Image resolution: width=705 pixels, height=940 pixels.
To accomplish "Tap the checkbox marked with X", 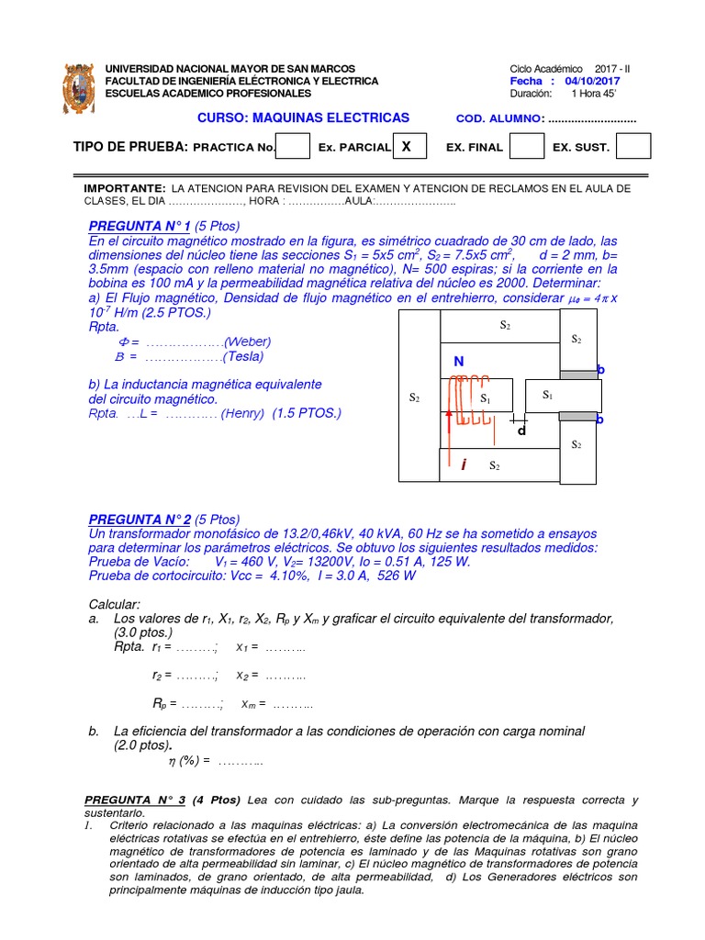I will point(407,146).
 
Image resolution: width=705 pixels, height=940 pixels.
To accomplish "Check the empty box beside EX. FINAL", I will point(526,146).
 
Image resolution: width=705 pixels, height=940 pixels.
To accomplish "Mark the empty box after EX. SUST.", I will point(633,146).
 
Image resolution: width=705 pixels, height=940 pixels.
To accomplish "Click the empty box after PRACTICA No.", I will point(293,146).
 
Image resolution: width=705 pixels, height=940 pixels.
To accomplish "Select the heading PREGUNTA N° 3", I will point(137,800).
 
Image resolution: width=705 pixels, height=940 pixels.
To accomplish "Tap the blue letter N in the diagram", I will point(458,362).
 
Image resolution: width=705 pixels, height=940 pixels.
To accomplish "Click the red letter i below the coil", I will point(464,466).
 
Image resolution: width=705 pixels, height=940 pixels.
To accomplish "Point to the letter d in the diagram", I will point(520,430).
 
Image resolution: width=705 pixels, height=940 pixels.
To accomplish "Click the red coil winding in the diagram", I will point(473,399).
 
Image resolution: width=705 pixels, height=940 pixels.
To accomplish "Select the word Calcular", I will point(114,604).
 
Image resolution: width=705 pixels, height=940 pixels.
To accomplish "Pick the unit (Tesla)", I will point(248,357).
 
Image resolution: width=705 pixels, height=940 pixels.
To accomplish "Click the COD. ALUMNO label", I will point(498,119).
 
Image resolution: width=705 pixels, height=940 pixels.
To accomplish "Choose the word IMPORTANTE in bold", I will point(125,187).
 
